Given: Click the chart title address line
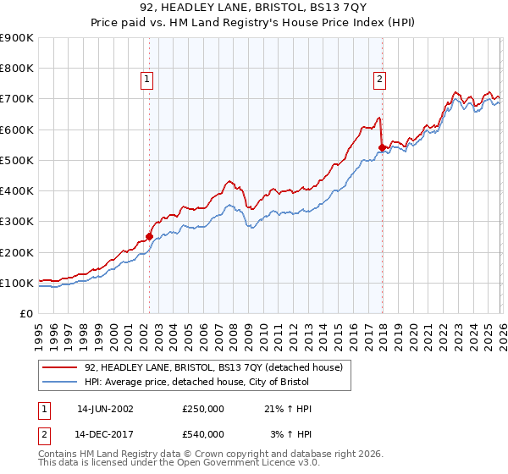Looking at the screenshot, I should coord(254,8).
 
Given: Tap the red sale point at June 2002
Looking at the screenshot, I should coord(149,237).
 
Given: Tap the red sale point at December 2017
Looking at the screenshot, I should coord(382,148).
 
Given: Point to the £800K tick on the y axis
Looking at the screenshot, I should coord(17,69).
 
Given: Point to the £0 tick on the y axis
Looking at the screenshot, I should coord(27,314).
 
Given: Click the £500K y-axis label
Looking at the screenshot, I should coord(17,161).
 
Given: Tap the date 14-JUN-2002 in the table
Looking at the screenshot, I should coord(105,409).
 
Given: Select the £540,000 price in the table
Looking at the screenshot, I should coord(203,434).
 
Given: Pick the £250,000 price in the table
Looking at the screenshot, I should coord(203,409).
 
